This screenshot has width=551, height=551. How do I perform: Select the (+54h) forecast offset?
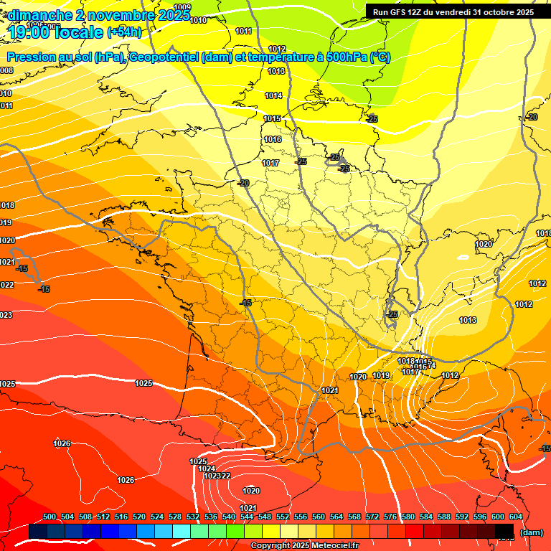(124, 32)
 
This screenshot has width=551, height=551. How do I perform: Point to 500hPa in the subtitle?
(339, 58)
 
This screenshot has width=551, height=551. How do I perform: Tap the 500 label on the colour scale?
(50, 517)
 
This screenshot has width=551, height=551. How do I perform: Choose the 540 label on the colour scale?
(229, 517)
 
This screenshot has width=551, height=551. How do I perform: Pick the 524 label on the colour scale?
(157, 517)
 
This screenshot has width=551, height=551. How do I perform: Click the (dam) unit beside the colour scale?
(531, 532)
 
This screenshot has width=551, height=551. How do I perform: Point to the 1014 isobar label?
(273, 95)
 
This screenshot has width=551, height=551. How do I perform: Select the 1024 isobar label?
(207, 468)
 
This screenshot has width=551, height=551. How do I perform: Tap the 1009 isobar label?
(182, 7)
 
